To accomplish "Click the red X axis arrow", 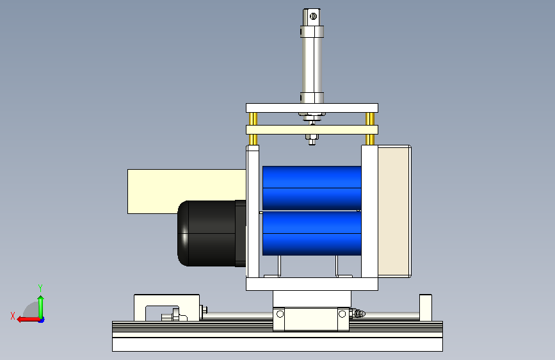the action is tap(28, 320).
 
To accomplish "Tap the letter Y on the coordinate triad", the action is tap(40, 288).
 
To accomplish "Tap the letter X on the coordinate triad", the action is tap(13, 316).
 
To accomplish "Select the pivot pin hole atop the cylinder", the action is tap(313, 16).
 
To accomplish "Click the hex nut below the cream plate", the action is tap(312, 137).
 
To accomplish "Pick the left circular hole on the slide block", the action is tap(280, 314).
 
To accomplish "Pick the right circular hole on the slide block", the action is tap(342, 314).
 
